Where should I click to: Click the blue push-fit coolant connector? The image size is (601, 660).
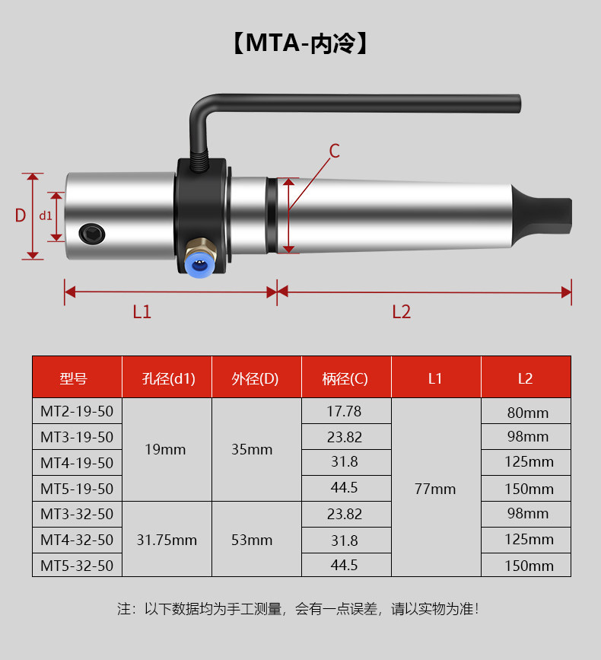(201, 262)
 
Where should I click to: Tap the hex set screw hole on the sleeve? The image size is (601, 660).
(92, 234)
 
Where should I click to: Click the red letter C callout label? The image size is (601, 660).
(335, 151)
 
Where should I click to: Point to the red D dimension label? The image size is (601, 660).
(21, 215)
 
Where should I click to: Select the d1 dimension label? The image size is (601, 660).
(46, 215)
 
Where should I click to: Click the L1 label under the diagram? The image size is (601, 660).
(142, 312)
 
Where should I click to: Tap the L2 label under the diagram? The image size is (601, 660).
(401, 312)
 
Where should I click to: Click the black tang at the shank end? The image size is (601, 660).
(542, 216)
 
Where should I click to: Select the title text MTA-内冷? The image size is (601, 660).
(300, 43)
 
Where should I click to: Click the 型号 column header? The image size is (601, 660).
(73, 378)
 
